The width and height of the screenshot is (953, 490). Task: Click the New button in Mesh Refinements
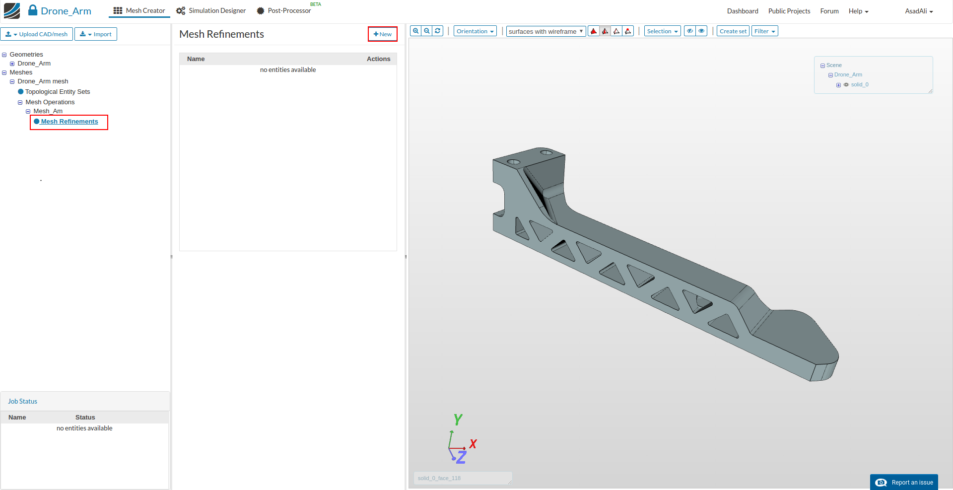(x=383, y=34)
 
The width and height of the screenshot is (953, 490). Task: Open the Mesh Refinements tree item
(x=69, y=122)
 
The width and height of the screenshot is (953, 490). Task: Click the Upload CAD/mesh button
(x=37, y=34)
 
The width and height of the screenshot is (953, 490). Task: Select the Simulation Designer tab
(x=211, y=11)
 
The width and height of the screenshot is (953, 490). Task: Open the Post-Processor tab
(x=284, y=11)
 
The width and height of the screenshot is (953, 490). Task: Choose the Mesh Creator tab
(x=139, y=11)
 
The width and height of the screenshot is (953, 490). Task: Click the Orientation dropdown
(x=475, y=31)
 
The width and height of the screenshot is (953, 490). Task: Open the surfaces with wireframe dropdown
(x=546, y=31)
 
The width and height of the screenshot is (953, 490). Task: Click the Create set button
(x=733, y=31)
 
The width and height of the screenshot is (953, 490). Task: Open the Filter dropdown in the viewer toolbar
(x=765, y=31)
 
